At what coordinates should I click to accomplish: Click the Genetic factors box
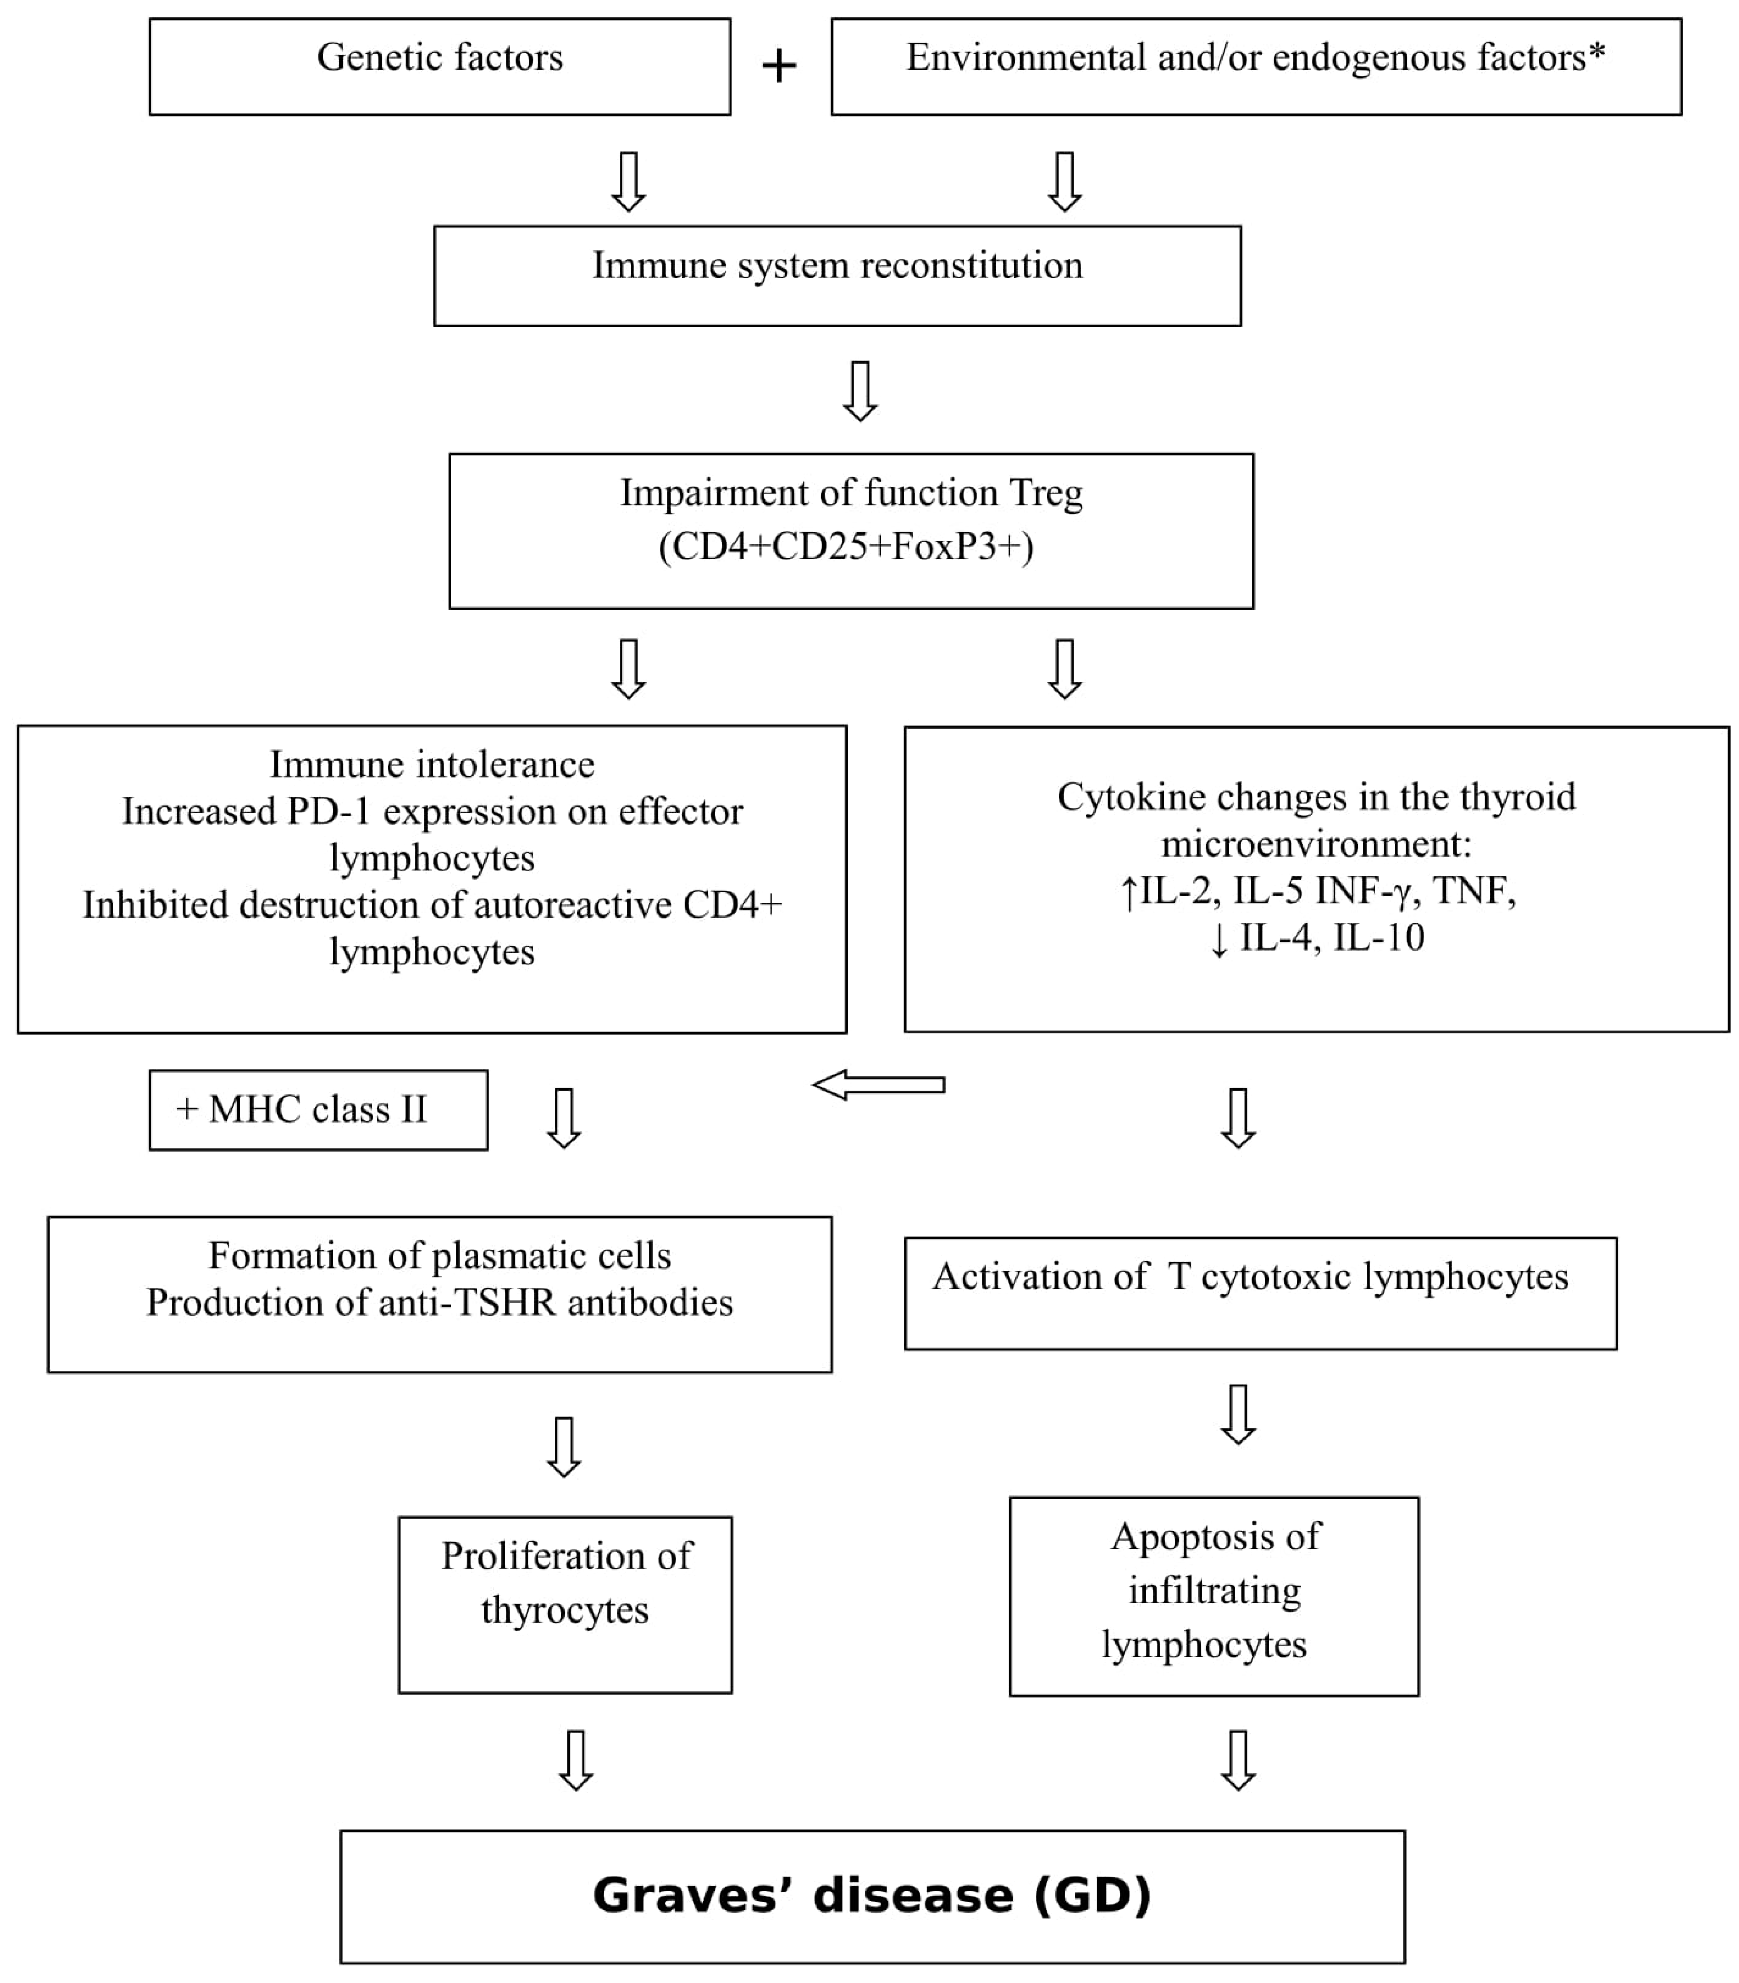tap(439, 66)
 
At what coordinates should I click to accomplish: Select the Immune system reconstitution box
tap(837, 275)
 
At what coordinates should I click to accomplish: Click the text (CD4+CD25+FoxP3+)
tap(846, 547)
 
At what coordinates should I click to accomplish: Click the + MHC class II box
tap(318, 1110)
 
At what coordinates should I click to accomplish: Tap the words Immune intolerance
tap(432, 764)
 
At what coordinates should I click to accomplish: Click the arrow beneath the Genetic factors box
tap(629, 182)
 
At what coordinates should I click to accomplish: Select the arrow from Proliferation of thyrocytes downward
tap(576, 1760)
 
